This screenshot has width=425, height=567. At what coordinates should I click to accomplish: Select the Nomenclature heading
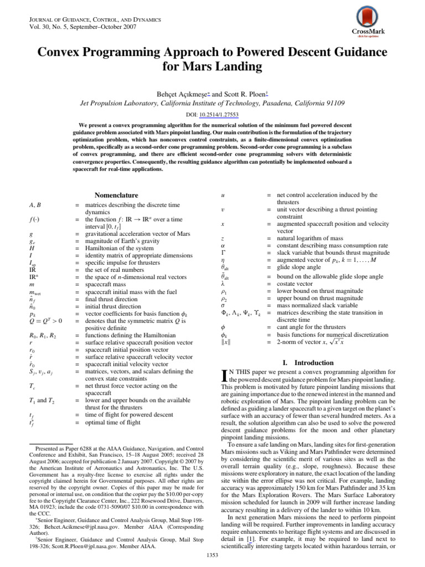(x=116, y=195)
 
